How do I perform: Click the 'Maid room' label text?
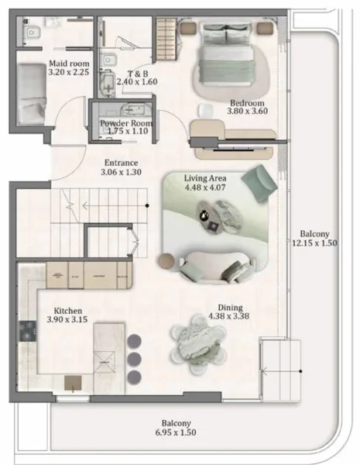pos(69,63)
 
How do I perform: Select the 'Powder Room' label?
pos(125,123)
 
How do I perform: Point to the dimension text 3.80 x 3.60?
pos(247,112)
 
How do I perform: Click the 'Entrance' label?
pos(122,163)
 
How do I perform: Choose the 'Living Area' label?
pos(204,177)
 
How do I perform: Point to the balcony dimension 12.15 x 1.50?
pos(315,243)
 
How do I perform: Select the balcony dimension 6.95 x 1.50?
pos(176,432)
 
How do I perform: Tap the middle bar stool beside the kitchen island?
pos(134,359)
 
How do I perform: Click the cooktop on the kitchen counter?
pos(27,334)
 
